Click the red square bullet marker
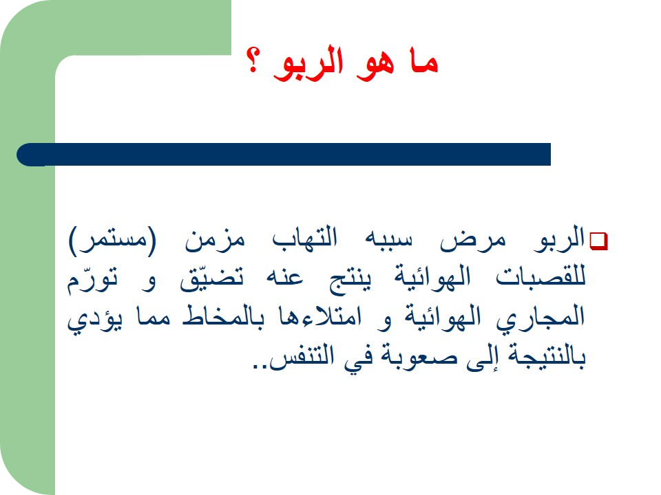(x=598, y=241)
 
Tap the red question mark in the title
(x=253, y=61)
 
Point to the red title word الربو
(x=308, y=63)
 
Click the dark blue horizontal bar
(x=284, y=155)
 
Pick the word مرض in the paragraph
(x=472, y=241)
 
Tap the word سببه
(x=388, y=239)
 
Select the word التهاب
(x=304, y=237)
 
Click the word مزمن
(x=215, y=241)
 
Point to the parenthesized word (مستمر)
(x=112, y=241)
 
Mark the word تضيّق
(x=211, y=278)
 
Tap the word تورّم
(x=92, y=279)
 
